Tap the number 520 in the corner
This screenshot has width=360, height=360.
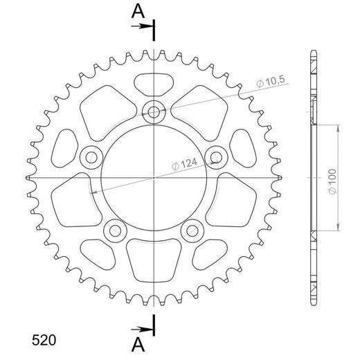pyautogui.click(x=44, y=341)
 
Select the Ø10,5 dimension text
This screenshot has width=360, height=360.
pyautogui.click(x=269, y=82)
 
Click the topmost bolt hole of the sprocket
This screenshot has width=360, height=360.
pyautogui.click(x=154, y=111)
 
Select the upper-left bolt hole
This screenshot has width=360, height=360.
pyautogui.click(x=91, y=157)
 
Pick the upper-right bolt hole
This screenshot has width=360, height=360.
pyautogui.click(x=216, y=156)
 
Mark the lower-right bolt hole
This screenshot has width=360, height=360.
pyautogui.click(x=192, y=231)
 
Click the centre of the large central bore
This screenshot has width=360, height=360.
pyautogui.click(x=153, y=179)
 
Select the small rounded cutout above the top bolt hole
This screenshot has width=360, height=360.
pyautogui.click(x=153, y=83)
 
